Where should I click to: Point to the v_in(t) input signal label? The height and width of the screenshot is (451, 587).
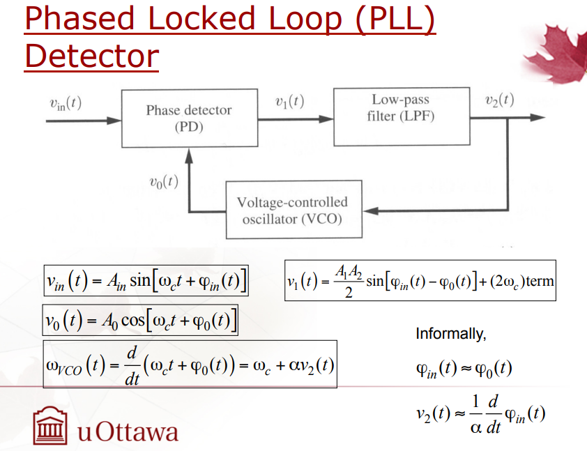click(x=66, y=103)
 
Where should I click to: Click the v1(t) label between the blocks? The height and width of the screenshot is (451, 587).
click(x=289, y=102)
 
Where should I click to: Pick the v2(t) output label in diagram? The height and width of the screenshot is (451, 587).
click(x=499, y=100)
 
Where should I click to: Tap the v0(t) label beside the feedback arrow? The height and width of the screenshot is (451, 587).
click(x=164, y=182)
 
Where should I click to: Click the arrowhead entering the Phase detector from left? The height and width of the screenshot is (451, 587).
click(x=114, y=121)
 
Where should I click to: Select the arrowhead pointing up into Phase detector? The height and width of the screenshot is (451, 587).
click(x=189, y=155)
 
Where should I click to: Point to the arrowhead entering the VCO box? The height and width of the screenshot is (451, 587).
click(x=371, y=211)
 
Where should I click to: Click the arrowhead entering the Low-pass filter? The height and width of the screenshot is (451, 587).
click(x=326, y=119)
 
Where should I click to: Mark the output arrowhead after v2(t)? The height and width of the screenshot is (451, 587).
click(x=538, y=118)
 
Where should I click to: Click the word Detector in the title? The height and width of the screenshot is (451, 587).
click(x=92, y=56)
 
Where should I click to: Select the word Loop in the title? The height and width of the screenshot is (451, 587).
click(x=305, y=19)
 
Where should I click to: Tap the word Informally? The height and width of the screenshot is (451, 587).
click(x=451, y=333)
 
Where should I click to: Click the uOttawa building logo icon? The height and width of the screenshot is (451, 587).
click(x=50, y=425)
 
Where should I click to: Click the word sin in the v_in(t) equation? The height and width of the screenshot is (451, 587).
click(x=140, y=280)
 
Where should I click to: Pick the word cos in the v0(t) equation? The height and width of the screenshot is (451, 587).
click(x=133, y=320)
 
